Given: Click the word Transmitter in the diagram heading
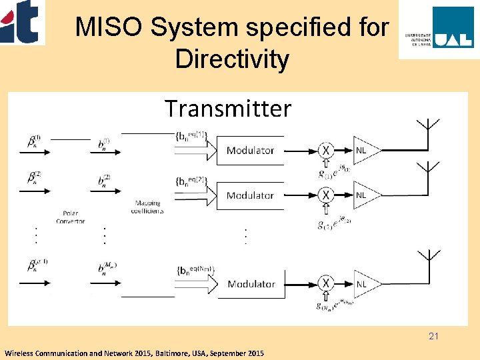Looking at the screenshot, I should click(227, 108).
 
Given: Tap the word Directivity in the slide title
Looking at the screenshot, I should click(232, 59).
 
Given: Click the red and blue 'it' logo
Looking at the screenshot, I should click(22, 21).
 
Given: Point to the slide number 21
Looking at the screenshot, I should click(434, 337).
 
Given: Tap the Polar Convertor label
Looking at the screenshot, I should click(71, 217).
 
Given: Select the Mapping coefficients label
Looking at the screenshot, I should click(149, 206).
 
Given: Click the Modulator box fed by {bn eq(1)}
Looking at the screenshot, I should click(250, 150).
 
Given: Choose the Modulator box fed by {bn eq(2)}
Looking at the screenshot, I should click(250, 195).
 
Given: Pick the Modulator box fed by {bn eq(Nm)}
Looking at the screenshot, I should click(251, 284).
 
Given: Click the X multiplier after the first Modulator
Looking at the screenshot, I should click(326, 150).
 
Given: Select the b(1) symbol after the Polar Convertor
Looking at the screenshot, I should click(104, 145).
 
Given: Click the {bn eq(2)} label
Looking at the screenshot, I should click(191, 181).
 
